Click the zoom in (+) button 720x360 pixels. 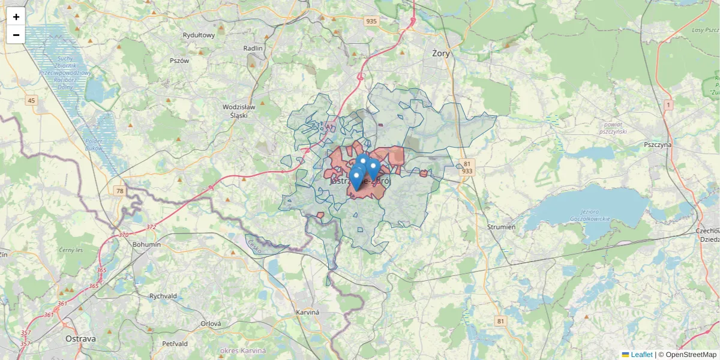coord(16,17)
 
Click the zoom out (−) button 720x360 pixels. coord(16,35)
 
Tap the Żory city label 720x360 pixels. coord(441,53)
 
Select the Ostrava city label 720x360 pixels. coord(80,338)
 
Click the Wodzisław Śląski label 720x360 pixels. coord(239,111)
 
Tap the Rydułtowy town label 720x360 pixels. coord(199,35)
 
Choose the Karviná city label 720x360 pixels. coord(308,313)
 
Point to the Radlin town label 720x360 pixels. coord(253,48)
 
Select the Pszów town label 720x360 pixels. coord(179,61)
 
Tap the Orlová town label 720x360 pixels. coord(211,323)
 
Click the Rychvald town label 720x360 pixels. coord(163,296)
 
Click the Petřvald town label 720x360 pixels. coord(175,344)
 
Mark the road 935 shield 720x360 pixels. coord(371,21)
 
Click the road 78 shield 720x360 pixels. coord(120,191)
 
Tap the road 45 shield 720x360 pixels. coord(31,100)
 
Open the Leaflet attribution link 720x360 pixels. coord(641,355)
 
